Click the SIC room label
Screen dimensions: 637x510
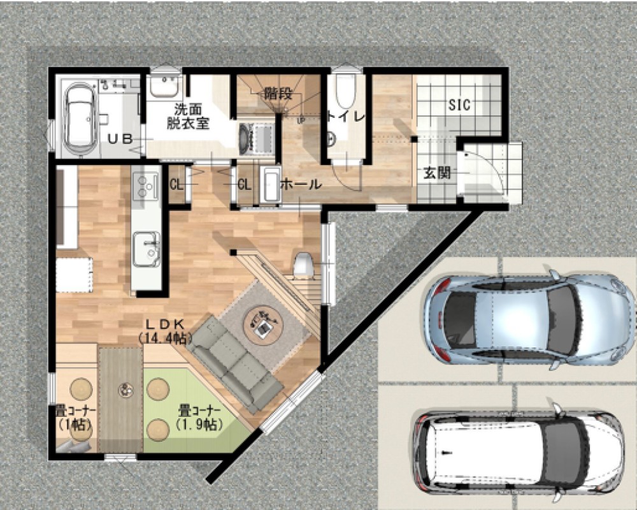coord(459,105)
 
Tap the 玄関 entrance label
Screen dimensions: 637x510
coord(437,173)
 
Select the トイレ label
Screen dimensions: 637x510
coord(347,117)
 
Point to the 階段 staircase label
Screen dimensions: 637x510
coord(278,94)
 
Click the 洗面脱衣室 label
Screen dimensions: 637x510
coord(188,116)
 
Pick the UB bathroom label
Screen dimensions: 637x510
coord(120,139)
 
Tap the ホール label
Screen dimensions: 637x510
coord(301,184)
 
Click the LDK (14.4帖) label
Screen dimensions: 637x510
coord(164,331)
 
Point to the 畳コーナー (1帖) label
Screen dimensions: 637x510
coord(76,418)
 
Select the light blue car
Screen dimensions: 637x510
coord(529,319)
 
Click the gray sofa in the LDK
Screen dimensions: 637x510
coord(236,364)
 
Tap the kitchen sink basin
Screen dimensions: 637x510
coord(146,249)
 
